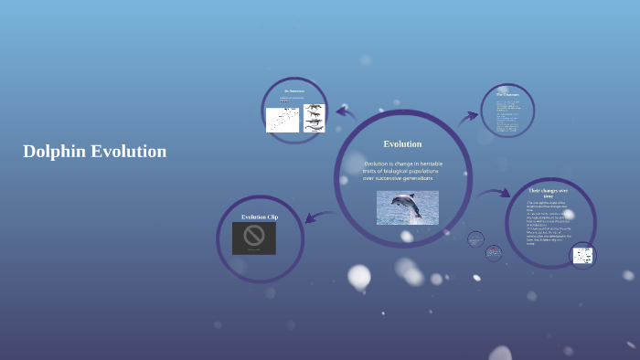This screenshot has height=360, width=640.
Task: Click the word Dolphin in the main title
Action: (54, 152)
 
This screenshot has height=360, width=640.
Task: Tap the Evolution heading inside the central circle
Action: (402, 143)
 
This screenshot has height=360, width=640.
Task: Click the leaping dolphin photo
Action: (407, 207)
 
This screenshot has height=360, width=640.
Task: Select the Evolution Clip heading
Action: (260, 217)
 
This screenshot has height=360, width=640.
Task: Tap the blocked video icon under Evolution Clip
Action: (254, 237)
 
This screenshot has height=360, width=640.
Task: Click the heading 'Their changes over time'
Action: (549, 193)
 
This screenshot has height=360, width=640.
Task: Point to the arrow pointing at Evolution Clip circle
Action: (318, 217)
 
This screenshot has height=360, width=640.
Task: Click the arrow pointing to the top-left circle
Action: (346, 112)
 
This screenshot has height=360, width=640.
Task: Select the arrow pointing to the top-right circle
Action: (468, 116)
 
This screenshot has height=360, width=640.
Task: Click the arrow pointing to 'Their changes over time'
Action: (495, 194)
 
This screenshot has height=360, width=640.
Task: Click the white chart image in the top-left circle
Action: (283, 120)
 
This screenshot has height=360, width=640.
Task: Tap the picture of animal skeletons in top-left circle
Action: (314, 118)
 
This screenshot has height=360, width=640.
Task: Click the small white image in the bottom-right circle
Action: (582, 256)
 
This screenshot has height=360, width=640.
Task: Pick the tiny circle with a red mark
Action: (494, 251)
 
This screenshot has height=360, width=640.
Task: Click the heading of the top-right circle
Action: (507, 94)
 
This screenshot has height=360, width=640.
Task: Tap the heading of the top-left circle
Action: (293, 91)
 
